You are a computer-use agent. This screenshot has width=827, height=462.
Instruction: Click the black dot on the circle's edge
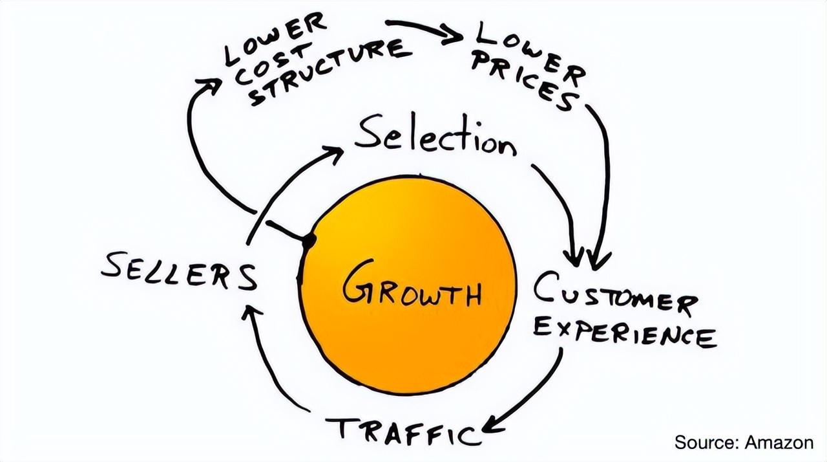pos(309,241)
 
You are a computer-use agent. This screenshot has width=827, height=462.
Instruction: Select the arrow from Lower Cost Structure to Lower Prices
pos(423,30)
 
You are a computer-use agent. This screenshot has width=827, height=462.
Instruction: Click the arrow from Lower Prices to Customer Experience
pos(605,181)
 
